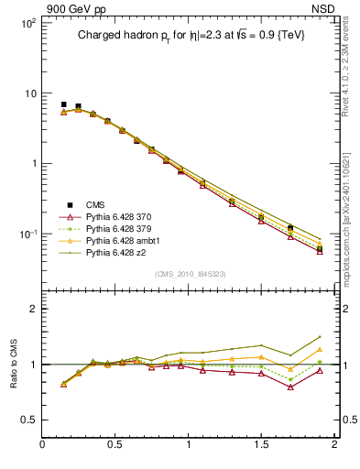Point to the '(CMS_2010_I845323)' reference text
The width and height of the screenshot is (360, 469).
click(x=187, y=274)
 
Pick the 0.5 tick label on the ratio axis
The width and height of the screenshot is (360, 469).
click(x=28, y=420)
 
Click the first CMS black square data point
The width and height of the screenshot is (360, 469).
click(x=63, y=105)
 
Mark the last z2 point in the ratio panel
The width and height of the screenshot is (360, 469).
click(x=320, y=337)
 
